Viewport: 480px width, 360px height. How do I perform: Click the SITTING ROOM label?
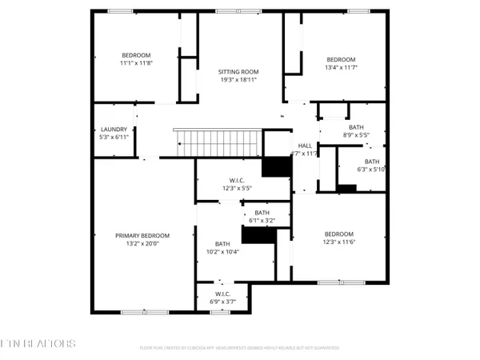click(x=238, y=71)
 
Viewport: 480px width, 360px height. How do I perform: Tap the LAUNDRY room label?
click(x=114, y=130)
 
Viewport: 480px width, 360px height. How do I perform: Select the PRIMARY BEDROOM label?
click(x=142, y=235)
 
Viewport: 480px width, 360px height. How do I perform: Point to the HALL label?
click(x=305, y=145)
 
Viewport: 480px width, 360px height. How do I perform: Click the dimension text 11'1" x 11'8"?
click(x=135, y=62)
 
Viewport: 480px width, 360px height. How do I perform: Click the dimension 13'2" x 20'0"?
click(x=142, y=243)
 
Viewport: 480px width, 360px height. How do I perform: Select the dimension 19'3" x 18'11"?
click(x=238, y=79)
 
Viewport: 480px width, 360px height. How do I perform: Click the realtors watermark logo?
click(x=38, y=343)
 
